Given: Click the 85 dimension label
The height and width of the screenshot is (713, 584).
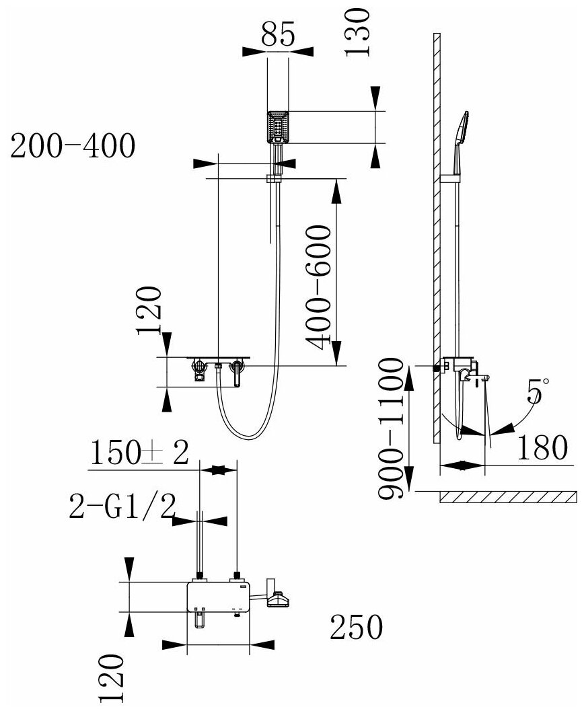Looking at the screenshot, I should pos(278,35).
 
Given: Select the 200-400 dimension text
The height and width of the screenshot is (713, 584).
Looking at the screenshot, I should pos(73,147).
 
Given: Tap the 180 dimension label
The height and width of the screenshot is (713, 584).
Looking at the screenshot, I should pos(542,447).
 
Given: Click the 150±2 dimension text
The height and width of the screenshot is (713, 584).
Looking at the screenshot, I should pos(139,454).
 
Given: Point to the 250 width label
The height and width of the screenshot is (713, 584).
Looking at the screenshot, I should pos(356,628).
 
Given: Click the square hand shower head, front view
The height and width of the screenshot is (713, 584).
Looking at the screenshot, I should pos(278,126).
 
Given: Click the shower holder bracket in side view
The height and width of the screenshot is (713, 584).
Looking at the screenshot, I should pos(451,178).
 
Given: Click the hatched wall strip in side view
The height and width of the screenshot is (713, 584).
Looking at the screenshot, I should pos(436,235).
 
